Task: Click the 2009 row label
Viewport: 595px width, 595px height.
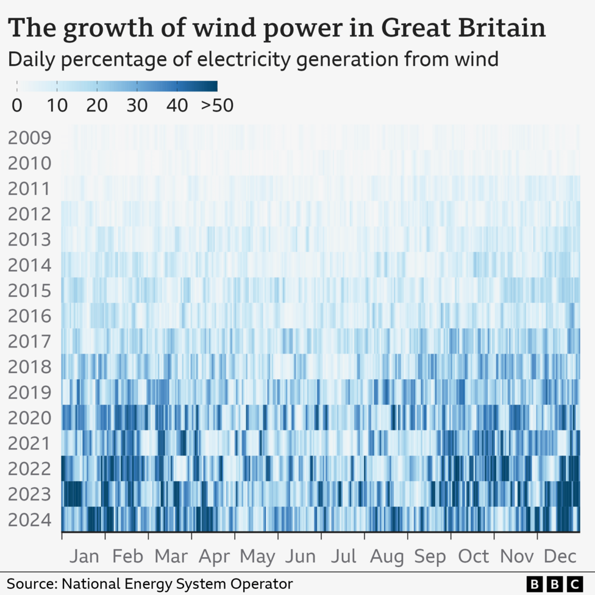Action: (29, 138)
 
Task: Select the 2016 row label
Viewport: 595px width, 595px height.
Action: (29, 316)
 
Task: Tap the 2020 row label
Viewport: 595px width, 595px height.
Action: (29, 418)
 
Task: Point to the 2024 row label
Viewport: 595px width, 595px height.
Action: (29, 521)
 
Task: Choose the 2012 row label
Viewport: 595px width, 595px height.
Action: (29, 214)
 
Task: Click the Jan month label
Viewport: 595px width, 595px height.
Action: (84, 556)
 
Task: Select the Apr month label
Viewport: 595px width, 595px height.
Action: (214, 556)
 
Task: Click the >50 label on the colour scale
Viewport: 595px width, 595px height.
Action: (217, 105)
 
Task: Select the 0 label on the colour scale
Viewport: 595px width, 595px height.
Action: (17, 105)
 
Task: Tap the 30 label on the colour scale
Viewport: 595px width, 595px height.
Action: (137, 105)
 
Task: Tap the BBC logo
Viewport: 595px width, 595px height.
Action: (554, 583)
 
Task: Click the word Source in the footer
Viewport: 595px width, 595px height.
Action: (27, 583)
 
